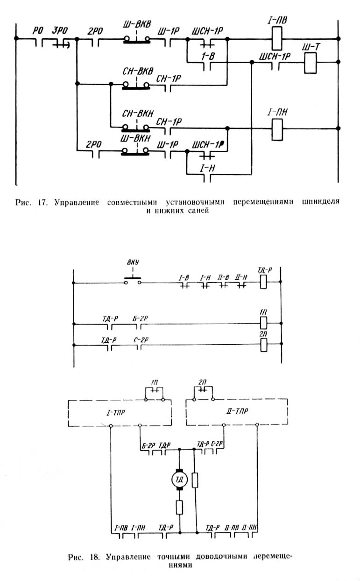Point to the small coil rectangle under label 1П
click(263, 322)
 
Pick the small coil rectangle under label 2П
click(263, 345)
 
